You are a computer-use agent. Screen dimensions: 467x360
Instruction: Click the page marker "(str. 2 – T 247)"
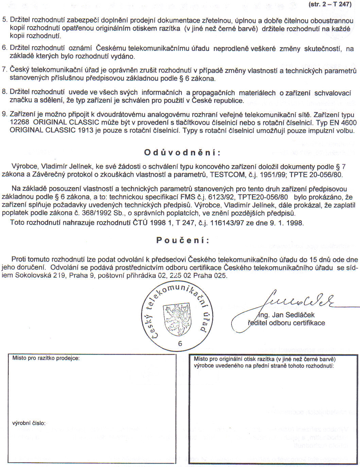(x=330, y=4)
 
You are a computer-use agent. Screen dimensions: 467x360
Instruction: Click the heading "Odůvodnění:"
(x=182, y=152)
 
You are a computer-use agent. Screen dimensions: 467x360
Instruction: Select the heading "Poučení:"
(x=183, y=240)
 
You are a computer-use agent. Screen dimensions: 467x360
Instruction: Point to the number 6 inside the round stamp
(x=180, y=343)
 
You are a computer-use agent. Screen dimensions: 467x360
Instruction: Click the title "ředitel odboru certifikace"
(x=286, y=323)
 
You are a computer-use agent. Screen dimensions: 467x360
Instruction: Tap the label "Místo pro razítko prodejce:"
(x=46, y=358)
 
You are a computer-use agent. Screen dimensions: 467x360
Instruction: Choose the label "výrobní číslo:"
(x=29, y=423)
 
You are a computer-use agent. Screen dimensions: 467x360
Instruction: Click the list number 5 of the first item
(x=4, y=20)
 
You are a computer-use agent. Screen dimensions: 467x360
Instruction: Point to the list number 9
(x=4, y=114)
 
